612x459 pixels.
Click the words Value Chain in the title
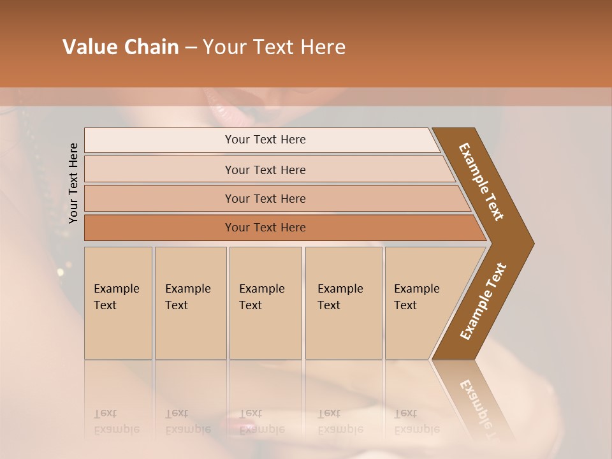pyautogui.click(x=120, y=47)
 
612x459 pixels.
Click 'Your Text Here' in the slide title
pyautogui.click(x=274, y=47)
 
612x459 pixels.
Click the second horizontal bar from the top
pyautogui.click(x=265, y=170)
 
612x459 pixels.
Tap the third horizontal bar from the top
pyautogui.click(x=265, y=198)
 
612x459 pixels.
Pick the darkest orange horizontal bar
pyautogui.click(x=265, y=228)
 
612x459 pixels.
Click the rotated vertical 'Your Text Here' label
pyautogui.click(x=73, y=183)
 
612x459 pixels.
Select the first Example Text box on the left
pyautogui.click(x=118, y=302)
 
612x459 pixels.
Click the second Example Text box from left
pyautogui.click(x=190, y=302)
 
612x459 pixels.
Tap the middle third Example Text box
pyautogui.click(x=265, y=302)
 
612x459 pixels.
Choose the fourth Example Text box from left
pyautogui.click(x=343, y=302)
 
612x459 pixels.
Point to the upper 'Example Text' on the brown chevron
pyautogui.click(x=481, y=182)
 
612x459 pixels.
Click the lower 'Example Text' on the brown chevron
pyautogui.click(x=483, y=302)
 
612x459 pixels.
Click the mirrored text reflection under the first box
pyautogui.click(x=117, y=421)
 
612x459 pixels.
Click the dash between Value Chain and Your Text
pyautogui.click(x=190, y=48)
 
